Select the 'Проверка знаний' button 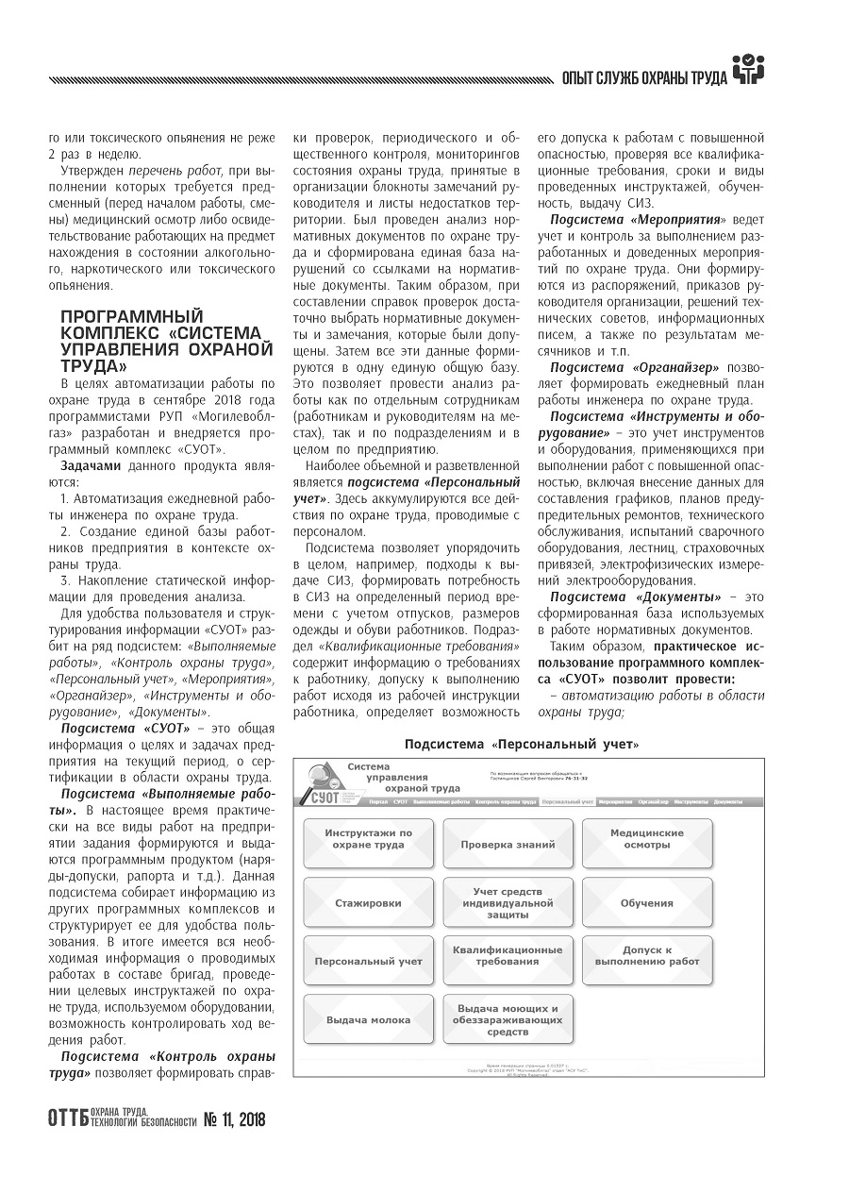[508, 844]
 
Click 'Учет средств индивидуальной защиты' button [508, 902]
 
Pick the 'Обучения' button [647, 902]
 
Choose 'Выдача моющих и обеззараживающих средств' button [508, 1019]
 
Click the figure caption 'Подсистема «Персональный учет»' [522, 745]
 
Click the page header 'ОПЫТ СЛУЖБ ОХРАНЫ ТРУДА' [643, 77]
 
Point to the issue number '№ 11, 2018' [235, 1120]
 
